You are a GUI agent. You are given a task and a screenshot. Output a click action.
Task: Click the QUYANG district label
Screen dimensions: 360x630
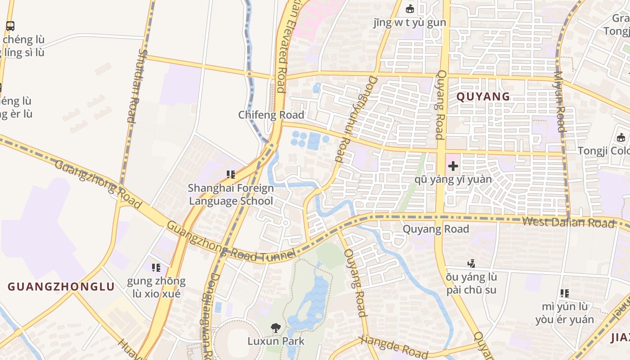point(483,96)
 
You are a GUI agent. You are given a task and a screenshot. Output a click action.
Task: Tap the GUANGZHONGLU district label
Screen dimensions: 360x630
point(61,287)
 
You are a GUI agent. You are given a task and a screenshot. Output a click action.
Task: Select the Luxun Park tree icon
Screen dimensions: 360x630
point(275,328)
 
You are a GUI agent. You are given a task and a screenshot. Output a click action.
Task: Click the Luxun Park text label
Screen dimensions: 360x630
point(275,341)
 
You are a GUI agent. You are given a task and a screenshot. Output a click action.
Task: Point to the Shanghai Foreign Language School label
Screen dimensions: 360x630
point(231,194)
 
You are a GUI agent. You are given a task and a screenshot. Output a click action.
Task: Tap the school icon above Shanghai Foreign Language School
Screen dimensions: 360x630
point(231,174)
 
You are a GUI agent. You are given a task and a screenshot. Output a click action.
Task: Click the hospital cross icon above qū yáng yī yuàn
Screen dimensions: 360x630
point(453,166)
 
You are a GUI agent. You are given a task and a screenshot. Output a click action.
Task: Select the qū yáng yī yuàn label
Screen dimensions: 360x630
point(453,180)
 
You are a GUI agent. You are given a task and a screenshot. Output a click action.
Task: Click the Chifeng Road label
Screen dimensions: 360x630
point(271,115)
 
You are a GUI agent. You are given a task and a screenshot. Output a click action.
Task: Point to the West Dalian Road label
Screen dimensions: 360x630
point(568,222)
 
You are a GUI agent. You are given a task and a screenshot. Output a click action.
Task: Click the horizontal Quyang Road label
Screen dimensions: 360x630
point(436,229)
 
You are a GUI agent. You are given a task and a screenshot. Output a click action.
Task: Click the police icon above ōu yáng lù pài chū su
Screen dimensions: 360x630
point(471,263)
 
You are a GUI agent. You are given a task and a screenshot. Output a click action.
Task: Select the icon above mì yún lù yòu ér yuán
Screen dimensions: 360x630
point(565,293)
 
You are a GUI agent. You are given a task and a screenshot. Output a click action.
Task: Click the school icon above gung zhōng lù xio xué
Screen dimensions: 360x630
point(156,268)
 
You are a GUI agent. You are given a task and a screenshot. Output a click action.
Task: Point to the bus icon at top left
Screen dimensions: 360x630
point(10,26)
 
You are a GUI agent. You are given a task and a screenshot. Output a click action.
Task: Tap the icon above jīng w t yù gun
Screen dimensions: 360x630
point(409,9)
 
